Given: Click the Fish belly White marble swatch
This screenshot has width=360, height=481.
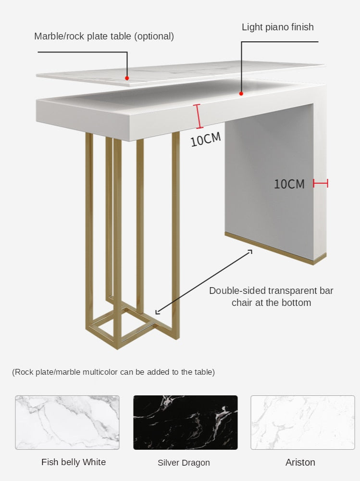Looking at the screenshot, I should [x=67, y=422].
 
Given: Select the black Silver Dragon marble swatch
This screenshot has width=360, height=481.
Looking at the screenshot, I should [x=185, y=422].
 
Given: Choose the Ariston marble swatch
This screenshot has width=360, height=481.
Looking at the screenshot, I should [x=303, y=422].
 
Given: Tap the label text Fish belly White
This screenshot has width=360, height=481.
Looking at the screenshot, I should [x=74, y=462].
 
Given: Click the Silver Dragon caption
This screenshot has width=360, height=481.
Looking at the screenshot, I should [x=184, y=463].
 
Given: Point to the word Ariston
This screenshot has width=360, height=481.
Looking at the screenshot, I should [x=300, y=462].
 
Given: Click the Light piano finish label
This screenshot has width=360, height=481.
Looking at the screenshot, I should [x=277, y=27].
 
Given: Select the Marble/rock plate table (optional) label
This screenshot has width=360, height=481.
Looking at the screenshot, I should [x=104, y=36].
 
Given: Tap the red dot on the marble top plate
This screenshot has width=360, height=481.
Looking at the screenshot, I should [x=127, y=77].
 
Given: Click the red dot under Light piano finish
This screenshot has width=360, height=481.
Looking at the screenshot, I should [x=241, y=93].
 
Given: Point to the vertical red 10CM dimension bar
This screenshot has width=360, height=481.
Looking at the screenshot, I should [x=197, y=116].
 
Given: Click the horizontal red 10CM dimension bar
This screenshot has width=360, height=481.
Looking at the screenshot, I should [x=320, y=183].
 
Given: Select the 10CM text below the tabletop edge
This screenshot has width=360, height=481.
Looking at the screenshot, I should [x=206, y=139].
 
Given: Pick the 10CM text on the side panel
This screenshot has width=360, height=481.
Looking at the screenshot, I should [x=289, y=184].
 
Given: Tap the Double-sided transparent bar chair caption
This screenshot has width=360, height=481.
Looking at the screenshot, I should [x=271, y=296].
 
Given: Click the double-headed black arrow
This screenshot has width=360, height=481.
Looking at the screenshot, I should [x=203, y=282].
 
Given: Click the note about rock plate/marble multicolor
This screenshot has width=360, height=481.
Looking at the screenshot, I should [x=113, y=372].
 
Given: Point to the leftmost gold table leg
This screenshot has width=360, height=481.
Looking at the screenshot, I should [x=89, y=231].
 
